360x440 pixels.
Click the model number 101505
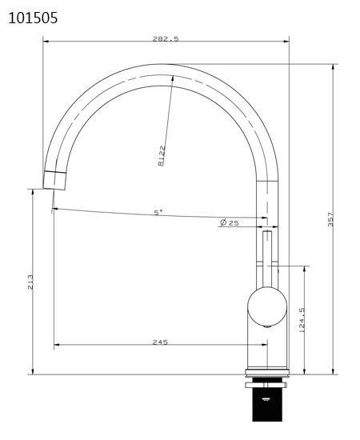tap(32, 17)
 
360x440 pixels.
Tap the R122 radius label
tap(162, 154)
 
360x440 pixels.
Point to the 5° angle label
tap(158, 212)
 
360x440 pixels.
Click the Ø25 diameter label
tap(230, 222)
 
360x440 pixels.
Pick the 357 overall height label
tap(330, 219)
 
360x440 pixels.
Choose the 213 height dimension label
tap(30, 281)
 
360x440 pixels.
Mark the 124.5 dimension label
tap(302, 320)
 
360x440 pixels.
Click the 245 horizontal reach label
tap(159, 342)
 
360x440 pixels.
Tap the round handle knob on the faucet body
tap(266, 307)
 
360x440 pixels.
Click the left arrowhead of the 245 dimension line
tap(56, 346)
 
